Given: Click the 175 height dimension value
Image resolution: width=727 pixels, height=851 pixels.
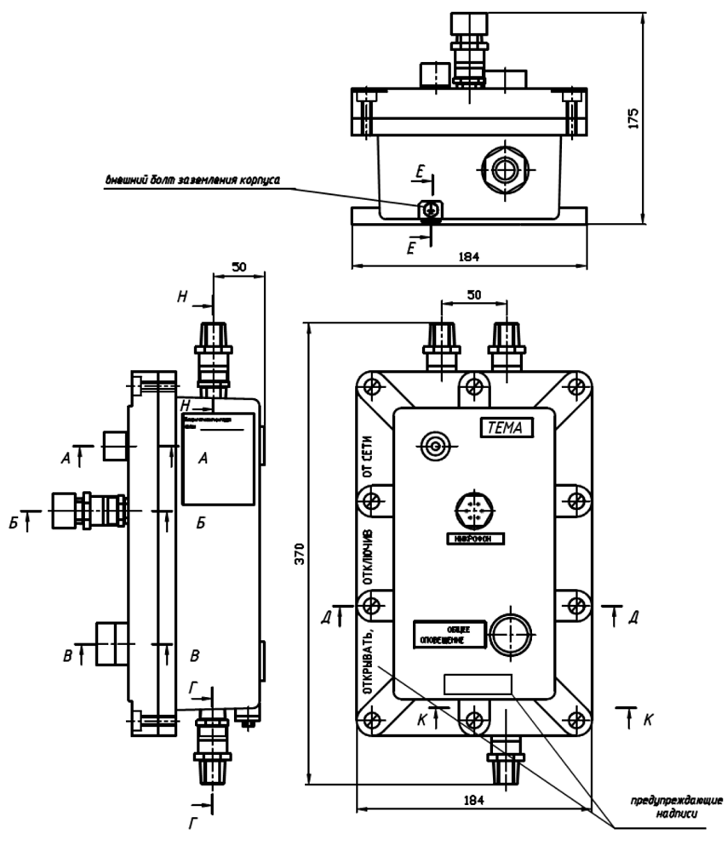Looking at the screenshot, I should tap(633, 118).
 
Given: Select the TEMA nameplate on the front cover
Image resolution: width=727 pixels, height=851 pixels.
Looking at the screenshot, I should tap(507, 428).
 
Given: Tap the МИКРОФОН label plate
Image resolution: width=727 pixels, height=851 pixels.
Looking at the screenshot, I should tap(476, 538).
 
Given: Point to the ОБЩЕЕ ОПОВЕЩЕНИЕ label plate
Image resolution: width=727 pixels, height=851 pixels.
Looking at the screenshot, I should tap(449, 634).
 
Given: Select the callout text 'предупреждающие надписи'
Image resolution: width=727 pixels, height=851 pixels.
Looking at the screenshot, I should tap(677, 807).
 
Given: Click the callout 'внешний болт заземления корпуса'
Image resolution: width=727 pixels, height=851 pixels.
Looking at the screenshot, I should tap(192, 180).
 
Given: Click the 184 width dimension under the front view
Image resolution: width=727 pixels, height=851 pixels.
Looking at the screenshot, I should tap(473, 800).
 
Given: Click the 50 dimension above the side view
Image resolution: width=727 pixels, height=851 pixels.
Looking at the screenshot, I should tap(239, 267).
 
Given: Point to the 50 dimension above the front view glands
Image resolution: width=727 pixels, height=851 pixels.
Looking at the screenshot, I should tap(473, 294).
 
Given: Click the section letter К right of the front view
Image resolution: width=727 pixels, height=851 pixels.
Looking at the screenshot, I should tap(649, 720).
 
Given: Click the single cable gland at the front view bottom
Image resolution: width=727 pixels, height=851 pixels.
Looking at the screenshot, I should tap(505, 757).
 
